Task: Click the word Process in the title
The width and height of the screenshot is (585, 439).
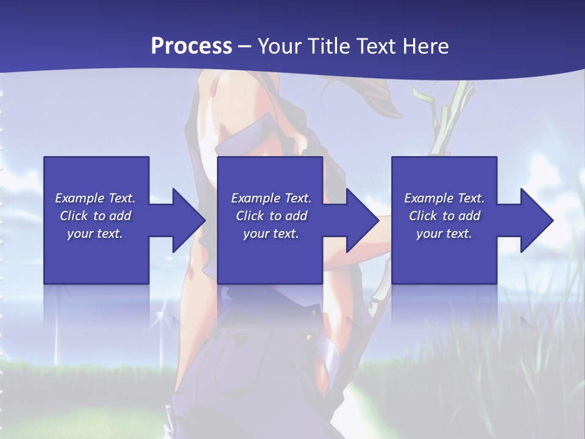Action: (x=191, y=46)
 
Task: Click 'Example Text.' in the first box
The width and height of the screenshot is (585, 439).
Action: (x=95, y=198)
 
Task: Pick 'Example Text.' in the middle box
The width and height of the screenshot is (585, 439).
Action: (x=271, y=198)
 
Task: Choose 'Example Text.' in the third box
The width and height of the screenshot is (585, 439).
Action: (x=444, y=198)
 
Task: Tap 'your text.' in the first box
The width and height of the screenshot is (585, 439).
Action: (x=95, y=234)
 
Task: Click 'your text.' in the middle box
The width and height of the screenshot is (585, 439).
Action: (x=271, y=234)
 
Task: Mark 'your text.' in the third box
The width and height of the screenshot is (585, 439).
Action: (x=444, y=234)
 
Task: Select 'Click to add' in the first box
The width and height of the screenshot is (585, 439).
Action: (x=95, y=216)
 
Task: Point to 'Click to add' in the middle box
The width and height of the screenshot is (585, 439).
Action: (x=271, y=216)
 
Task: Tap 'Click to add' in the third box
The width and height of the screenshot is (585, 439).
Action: (x=444, y=216)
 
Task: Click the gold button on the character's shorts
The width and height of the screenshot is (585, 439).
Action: (x=309, y=337)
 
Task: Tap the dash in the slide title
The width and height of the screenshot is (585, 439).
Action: (x=245, y=46)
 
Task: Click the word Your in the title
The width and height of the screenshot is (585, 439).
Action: (x=279, y=46)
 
